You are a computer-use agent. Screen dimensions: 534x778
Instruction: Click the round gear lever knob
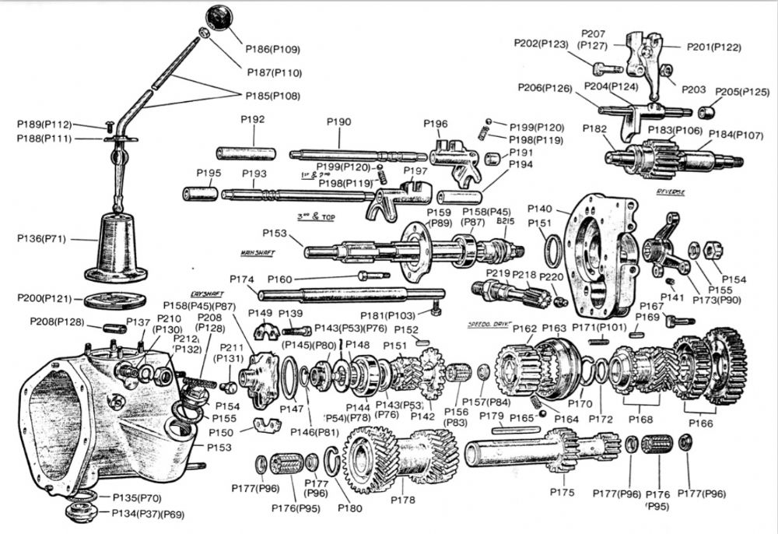[219, 18]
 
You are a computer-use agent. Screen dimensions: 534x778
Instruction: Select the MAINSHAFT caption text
[258, 254]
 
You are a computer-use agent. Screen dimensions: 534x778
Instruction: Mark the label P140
[539, 209]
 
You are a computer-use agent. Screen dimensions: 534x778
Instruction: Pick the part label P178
[405, 500]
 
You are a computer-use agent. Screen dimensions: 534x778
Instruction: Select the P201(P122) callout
[716, 47]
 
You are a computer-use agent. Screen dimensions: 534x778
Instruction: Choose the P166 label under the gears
[700, 424]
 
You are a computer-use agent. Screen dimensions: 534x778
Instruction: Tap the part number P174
[243, 279]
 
